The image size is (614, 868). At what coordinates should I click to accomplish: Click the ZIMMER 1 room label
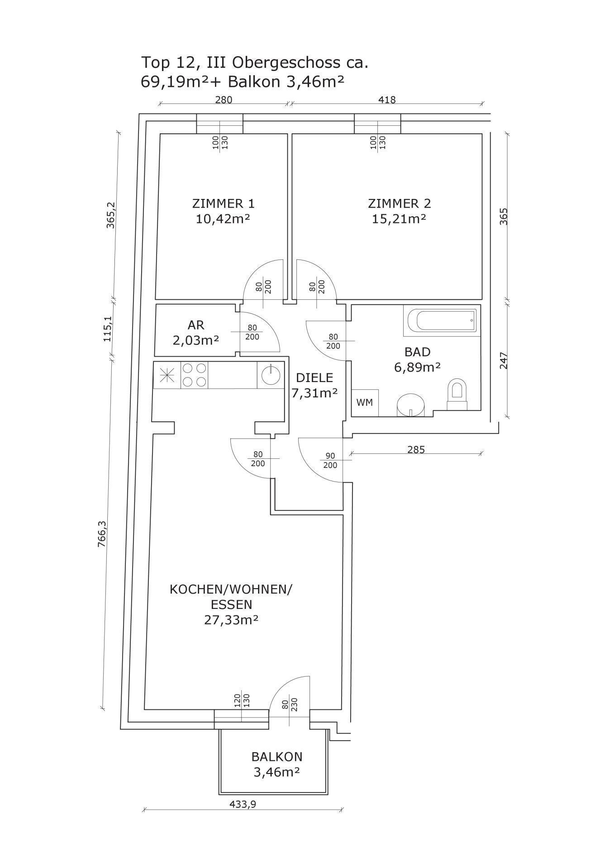click(x=223, y=203)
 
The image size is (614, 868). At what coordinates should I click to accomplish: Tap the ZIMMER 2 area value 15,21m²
click(x=399, y=219)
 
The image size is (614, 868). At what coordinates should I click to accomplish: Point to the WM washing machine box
click(x=365, y=402)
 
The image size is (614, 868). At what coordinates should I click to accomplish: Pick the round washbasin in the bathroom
click(x=411, y=404)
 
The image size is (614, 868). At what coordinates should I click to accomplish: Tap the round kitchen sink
click(x=270, y=375)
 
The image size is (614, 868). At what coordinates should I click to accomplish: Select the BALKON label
click(x=277, y=756)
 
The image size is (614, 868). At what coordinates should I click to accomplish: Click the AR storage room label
click(x=196, y=325)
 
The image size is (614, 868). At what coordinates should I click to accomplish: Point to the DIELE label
click(x=314, y=377)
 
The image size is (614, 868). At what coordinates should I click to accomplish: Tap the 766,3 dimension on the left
click(x=102, y=534)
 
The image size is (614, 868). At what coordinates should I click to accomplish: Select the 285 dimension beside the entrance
click(x=416, y=450)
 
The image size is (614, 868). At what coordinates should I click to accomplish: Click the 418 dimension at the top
click(x=386, y=100)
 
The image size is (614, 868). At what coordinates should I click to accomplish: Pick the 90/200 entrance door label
click(x=330, y=460)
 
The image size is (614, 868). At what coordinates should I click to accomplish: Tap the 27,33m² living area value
click(x=231, y=620)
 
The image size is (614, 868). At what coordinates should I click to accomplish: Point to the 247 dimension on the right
click(x=504, y=361)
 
